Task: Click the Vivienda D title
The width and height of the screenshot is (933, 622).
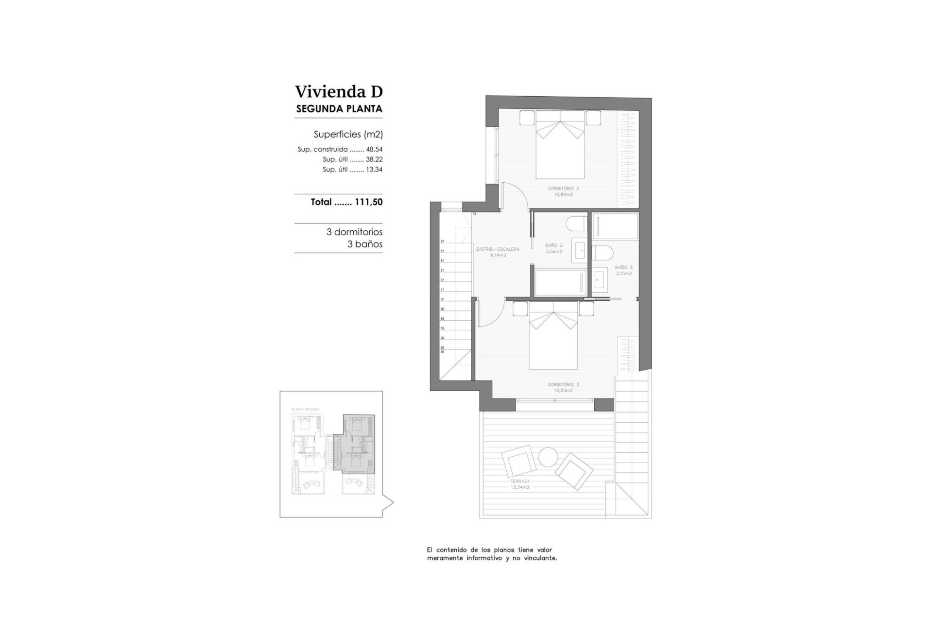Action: click(x=339, y=91)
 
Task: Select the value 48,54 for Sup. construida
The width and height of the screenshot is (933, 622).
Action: click(x=374, y=150)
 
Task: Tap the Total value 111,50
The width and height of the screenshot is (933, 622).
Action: click(x=368, y=202)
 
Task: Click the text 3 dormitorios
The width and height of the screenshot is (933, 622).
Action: click(x=354, y=232)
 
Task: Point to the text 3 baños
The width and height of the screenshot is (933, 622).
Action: click(x=364, y=244)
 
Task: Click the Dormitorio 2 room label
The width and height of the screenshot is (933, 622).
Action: click(x=563, y=191)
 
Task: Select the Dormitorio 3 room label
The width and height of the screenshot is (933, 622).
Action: click(x=563, y=387)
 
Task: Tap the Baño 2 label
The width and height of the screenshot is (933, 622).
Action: click(x=553, y=248)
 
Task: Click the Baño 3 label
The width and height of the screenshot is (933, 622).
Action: click(x=623, y=270)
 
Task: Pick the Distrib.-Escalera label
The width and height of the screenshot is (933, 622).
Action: click(x=498, y=252)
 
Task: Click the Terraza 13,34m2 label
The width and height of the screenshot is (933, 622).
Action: click(x=519, y=484)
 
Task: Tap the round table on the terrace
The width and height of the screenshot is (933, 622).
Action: click(x=548, y=457)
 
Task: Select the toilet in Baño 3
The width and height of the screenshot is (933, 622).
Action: click(x=603, y=253)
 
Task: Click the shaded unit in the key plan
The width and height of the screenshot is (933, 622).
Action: click(x=358, y=445)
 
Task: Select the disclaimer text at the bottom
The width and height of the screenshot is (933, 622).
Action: click(x=492, y=554)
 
